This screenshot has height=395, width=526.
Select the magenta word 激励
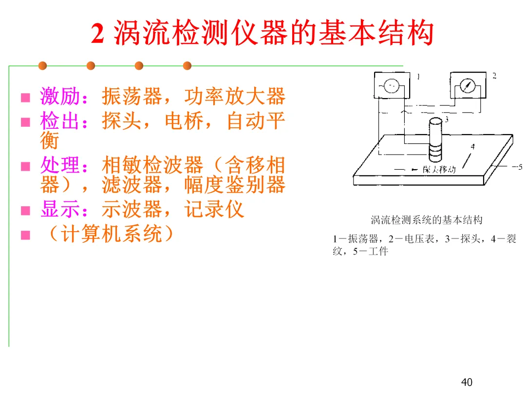click(x=60, y=97)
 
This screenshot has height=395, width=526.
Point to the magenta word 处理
click(x=60, y=166)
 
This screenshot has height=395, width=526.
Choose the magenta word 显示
click(x=60, y=210)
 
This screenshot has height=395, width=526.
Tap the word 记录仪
click(x=214, y=210)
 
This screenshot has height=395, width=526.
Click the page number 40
click(x=467, y=382)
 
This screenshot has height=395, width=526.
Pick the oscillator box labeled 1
click(x=391, y=86)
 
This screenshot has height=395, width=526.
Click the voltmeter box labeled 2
click(x=467, y=86)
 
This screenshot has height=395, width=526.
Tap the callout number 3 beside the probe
click(x=446, y=118)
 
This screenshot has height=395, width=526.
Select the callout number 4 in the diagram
click(x=472, y=146)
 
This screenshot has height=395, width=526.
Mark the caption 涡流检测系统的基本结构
click(x=427, y=220)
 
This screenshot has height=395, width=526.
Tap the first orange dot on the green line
click(x=42, y=65)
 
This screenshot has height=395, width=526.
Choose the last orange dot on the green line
click(x=187, y=65)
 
